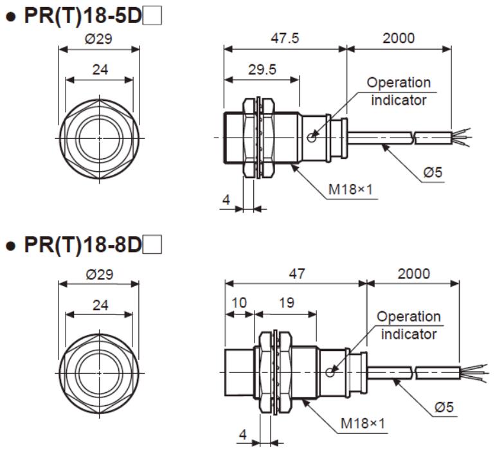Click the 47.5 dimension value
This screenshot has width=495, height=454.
[x=284, y=38]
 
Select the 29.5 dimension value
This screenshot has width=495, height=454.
[x=262, y=69]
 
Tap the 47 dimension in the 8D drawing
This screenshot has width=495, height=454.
[x=297, y=274]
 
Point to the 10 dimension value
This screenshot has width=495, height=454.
[x=239, y=303]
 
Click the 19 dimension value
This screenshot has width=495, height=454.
[x=287, y=303]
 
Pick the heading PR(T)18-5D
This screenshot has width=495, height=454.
[x=83, y=16]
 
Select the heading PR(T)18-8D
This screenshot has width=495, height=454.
[x=83, y=244]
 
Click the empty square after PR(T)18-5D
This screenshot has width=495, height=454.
[x=152, y=16]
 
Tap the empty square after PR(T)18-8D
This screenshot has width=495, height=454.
[x=152, y=244]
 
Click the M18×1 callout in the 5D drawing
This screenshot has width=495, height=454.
[x=350, y=190]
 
